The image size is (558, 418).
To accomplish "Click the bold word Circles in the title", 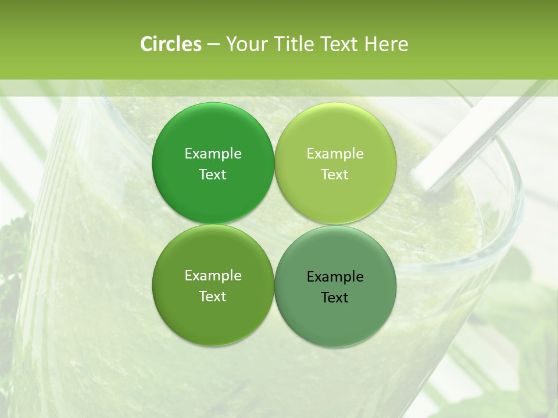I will click(170, 44).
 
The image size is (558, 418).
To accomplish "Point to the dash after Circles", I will click(213, 45).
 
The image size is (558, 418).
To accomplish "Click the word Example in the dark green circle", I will click(213, 153).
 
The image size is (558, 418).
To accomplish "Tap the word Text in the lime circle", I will click(335, 174).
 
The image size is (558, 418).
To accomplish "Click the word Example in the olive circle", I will click(213, 275).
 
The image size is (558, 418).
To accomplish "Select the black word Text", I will click(335, 297).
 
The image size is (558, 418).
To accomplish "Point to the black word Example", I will click(335, 276).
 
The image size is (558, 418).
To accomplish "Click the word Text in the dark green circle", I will click(213, 174).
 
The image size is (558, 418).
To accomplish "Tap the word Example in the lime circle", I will click(335, 153).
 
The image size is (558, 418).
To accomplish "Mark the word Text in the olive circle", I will click(213, 296).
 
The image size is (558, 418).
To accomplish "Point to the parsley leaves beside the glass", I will click(15, 244).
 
